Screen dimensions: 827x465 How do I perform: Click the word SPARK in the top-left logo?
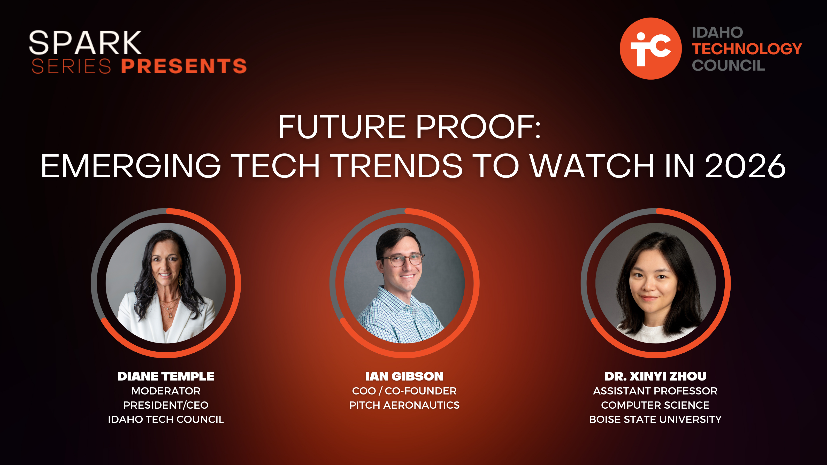pyautogui.click(x=85, y=42)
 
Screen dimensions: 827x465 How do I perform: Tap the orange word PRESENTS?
pyautogui.click(x=184, y=66)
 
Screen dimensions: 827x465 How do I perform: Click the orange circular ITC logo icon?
pyautogui.click(x=650, y=49)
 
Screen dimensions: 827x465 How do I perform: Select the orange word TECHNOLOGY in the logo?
pyautogui.click(x=747, y=49)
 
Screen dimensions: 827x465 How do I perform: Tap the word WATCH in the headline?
pyautogui.click(x=592, y=166)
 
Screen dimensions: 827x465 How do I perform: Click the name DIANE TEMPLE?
pyautogui.click(x=166, y=376)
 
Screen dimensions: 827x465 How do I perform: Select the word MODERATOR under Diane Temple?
pyautogui.click(x=166, y=391)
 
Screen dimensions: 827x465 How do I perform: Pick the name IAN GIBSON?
pyautogui.click(x=404, y=376)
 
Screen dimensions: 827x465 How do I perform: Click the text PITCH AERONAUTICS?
pyautogui.click(x=404, y=405)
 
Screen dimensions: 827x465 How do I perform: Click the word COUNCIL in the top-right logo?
pyautogui.click(x=729, y=65)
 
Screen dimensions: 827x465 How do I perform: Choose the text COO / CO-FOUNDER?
pyautogui.click(x=404, y=391)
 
